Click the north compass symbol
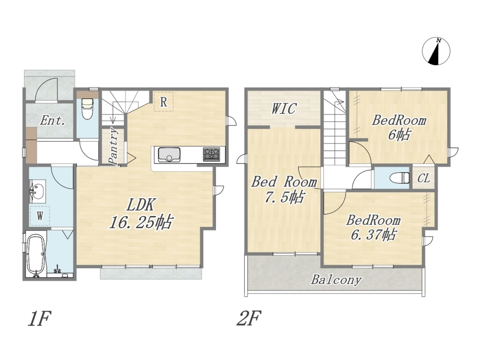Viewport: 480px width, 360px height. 436,51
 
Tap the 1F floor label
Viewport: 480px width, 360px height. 39,319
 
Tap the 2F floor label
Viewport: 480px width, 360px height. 249,319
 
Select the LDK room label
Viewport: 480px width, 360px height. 141,205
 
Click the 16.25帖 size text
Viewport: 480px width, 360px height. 141,222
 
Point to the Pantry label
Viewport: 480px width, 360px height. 113,146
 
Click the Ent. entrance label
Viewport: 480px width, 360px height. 53,120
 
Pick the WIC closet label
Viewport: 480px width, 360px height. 284,108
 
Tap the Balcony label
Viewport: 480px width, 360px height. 336,279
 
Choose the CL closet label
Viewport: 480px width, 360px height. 424,178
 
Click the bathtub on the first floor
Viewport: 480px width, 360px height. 36,253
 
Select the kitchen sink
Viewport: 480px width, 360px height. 169,154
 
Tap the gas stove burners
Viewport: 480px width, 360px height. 211,154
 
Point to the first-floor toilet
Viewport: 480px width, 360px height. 88,108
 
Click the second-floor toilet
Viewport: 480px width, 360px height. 401,178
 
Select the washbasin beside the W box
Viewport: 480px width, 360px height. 37,192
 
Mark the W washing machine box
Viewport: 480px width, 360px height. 40,216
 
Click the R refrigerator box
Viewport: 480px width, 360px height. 164,101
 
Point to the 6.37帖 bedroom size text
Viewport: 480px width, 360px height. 374,235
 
